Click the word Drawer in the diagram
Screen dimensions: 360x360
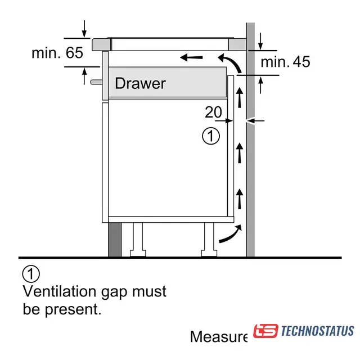[x=140, y=83]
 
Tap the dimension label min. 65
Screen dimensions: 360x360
[x=57, y=53]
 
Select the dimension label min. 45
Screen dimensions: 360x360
[x=285, y=61]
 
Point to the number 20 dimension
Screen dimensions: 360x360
[x=214, y=112]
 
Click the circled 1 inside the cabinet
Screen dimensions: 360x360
[x=211, y=136]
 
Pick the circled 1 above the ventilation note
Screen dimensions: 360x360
[x=31, y=274]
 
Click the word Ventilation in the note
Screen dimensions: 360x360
[x=59, y=291]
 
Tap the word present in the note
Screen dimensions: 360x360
[x=73, y=310]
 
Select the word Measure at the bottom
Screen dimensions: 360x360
[x=219, y=336]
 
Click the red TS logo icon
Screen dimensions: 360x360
[x=265, y=331]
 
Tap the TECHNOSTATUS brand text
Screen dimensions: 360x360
[x=317, y=331]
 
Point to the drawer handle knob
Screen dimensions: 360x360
[x=96, y=82]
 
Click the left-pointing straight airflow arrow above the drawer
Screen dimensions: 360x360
[x=191, y=57]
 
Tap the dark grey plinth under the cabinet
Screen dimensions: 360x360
[x=115, y=240]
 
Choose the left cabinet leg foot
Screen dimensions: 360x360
[x=138, y=253]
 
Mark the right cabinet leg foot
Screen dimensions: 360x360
[x=209, y=253]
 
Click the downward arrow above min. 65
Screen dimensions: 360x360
[x=84, y=29]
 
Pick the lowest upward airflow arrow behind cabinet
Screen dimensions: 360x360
[x=240, y=199]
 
